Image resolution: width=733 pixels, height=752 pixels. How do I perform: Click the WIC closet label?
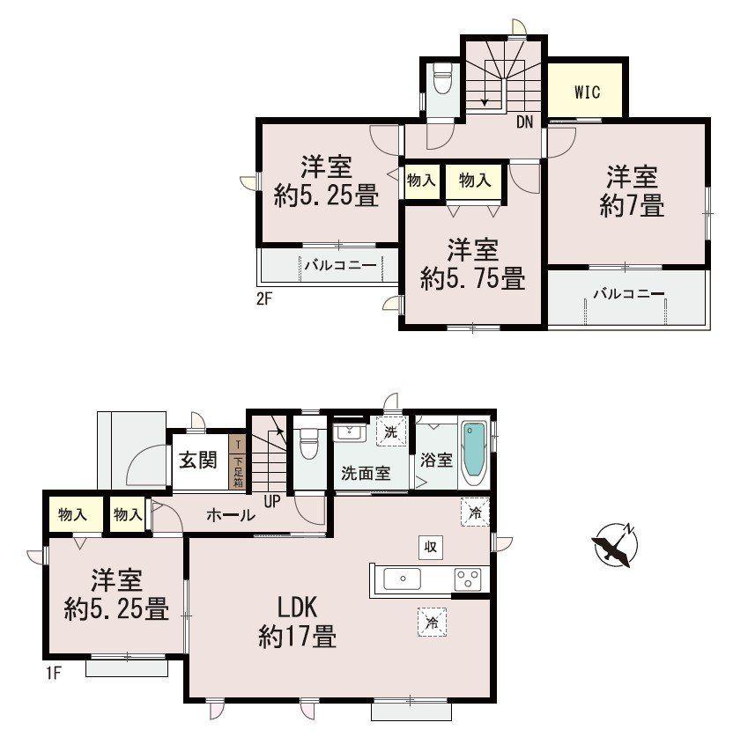tap(587, 92)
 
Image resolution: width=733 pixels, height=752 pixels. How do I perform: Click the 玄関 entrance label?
tap(198, 460)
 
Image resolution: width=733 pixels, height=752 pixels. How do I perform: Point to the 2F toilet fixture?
tap(441, 78)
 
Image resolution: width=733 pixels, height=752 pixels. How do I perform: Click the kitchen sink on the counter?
tap(402, 579)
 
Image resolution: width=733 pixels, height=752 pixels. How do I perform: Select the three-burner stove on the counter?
tap(468, 579)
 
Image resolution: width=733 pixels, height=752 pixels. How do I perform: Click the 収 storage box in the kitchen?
tap(431, 547)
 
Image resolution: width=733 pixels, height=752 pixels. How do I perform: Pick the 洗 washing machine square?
tap(391, 431)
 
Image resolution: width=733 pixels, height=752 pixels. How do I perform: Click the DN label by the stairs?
tap(525, 122)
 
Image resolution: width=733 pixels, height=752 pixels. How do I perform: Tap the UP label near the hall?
tap(271, 502)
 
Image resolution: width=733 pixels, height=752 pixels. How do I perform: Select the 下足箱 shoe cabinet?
tap(238, 461)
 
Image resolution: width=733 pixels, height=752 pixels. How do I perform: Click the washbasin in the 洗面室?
tap(349, 432)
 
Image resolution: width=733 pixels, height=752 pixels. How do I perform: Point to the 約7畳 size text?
tap(632, 206)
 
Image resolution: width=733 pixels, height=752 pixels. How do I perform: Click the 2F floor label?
tap(264, 299)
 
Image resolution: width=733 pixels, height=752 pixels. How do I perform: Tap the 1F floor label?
tap(54, 674)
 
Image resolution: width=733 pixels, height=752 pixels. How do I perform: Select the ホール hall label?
tap(230, 515)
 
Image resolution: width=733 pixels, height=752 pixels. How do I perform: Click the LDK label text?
tap(298, 608)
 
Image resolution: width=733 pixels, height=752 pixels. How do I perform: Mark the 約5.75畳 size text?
tap(472, 278)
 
